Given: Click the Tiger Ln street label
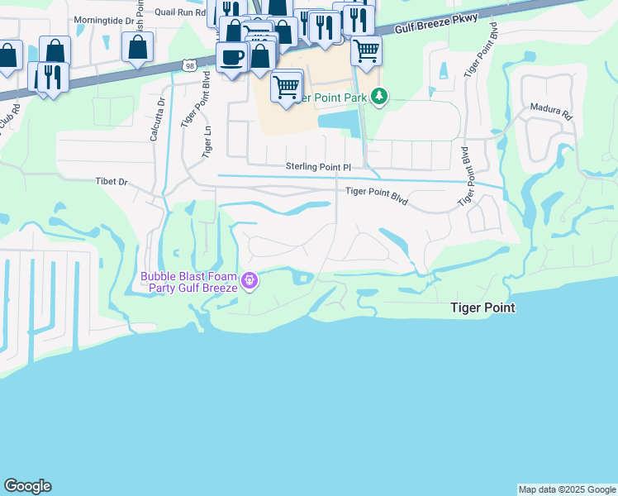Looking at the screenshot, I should (x=207, y=141).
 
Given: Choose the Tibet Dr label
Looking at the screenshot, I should (x=112, y=181).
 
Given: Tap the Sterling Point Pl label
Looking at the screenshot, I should (x=319, y=167).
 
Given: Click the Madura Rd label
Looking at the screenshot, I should (x=551, y=111).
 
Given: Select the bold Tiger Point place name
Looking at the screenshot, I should (x=483, y=308).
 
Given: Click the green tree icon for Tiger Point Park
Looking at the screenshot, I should (x=379, y=97).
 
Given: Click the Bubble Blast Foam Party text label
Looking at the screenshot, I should (x=189, y=282).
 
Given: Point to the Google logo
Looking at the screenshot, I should (x=27, y=486).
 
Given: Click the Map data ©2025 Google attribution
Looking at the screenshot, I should (x=567, y=489).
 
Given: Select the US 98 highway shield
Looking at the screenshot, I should (x=188, y=64).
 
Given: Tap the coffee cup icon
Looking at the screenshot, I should (x=231, y=57).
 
